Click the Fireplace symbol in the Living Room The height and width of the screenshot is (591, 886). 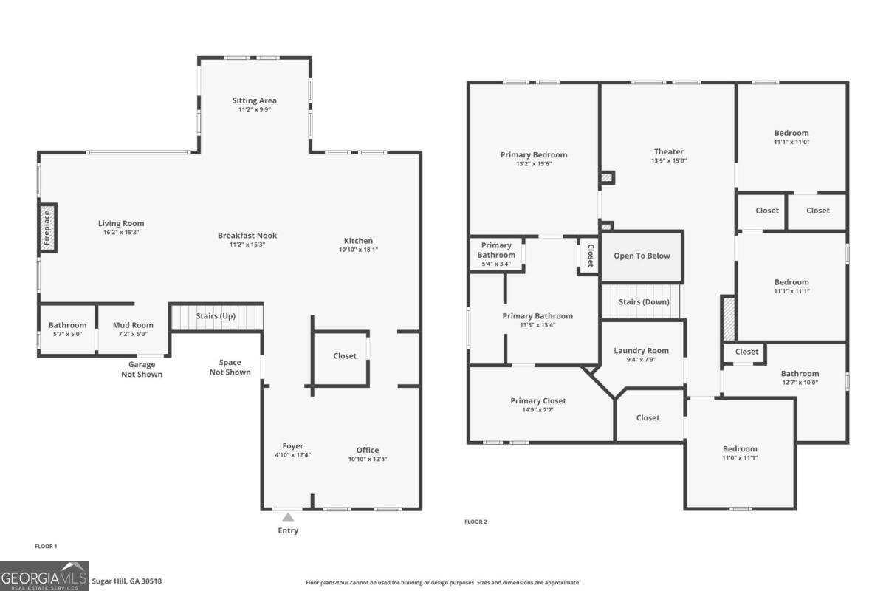click(48, 228)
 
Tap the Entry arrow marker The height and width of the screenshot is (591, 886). click(288, 517)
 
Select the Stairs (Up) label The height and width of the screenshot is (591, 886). click(216, 317)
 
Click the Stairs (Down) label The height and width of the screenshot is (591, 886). click(644, 302)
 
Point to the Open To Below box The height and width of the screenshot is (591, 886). click(642, 256)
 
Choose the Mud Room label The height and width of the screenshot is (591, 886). click(133, 325)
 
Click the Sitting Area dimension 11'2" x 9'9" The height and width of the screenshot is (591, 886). click(255, 110)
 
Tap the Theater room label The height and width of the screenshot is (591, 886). click(668, 151)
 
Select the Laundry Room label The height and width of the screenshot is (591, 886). click(641, 351)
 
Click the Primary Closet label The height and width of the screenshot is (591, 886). click(538, 401)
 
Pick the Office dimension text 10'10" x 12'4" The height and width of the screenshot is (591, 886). click(368, 460)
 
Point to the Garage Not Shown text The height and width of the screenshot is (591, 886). click(142, 369)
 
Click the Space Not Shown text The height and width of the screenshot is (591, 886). click(230, 367)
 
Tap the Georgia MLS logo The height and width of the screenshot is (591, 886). click(44, 576)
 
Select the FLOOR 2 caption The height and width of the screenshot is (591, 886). click(475, 522)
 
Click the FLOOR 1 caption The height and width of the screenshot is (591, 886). click(46, 547)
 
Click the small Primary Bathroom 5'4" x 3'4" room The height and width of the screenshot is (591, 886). click(496, 254)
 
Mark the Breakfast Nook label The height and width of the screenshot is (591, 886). click(247, 236)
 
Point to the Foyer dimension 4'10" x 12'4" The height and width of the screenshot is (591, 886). click(293, 455)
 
